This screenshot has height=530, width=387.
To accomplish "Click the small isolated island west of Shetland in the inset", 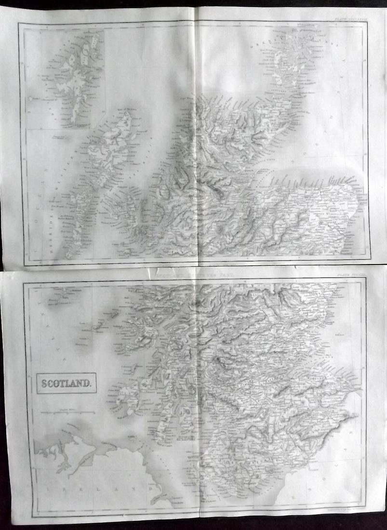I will (30, 98).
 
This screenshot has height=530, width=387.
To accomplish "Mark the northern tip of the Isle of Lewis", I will (127, 112).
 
